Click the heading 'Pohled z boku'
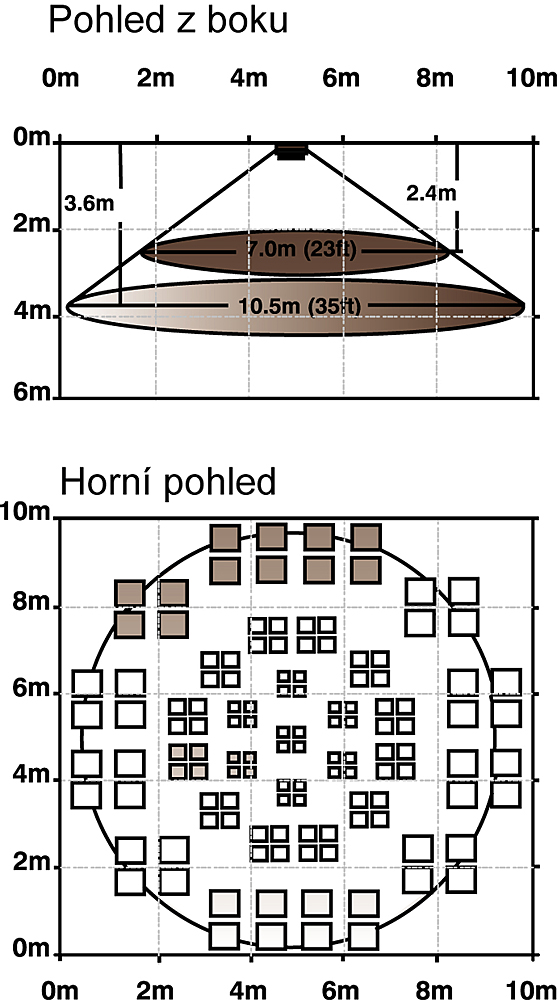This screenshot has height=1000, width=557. (x=168, y=21)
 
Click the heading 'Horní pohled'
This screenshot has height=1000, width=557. (x=168, y=482)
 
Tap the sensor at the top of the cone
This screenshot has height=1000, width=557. (x=291, y=151)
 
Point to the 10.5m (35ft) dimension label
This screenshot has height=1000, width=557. (x=299, y=306)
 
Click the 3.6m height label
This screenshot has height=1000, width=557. (x=89, y=204)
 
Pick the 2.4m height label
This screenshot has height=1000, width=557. (x=431, y=193)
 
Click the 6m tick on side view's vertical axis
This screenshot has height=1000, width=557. (x=31, y=392)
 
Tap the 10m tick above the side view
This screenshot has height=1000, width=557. (x=531, y=78)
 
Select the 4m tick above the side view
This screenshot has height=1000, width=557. (x=249, y=78)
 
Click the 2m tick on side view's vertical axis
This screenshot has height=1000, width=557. (x=31, y=224)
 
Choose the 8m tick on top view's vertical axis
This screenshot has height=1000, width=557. (x=31, y=602)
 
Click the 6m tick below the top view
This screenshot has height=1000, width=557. (x=341, y=990)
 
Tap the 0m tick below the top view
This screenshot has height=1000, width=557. (x=61, y=990)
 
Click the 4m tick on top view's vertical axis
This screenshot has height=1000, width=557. (x=31, y=776)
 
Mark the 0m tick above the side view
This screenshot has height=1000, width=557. (x=61, y=78)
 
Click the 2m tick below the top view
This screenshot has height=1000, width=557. (x=155, y=990)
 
